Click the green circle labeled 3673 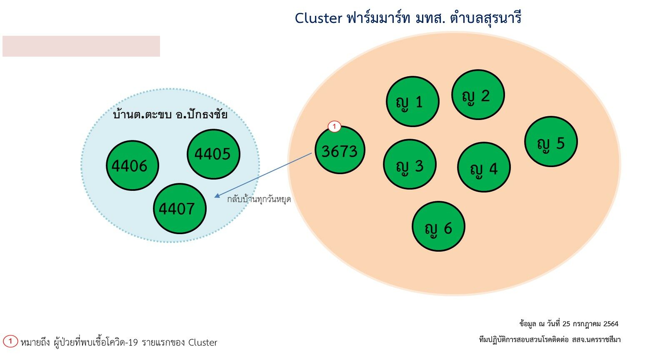coord(340,150)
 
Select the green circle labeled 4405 coord(213,154)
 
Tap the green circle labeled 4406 coord(132,165)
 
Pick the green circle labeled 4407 coord(180,208)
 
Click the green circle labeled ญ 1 coord(412,101)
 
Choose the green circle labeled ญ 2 coord(478,95)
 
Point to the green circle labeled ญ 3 coord(410,164)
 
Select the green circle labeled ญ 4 coord(484,167)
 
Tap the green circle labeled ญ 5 coord(551,142)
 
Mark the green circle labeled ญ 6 coord(438,226)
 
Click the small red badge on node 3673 coord(334,127)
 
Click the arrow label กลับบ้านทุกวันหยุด coord(259,200)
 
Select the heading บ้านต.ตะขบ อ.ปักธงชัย coord(170,114)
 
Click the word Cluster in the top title coord(318,18)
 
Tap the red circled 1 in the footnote coord(10,341)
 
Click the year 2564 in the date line coord(611,324)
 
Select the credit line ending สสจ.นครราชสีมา coord(550,340)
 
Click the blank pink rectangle coord(81,46)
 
